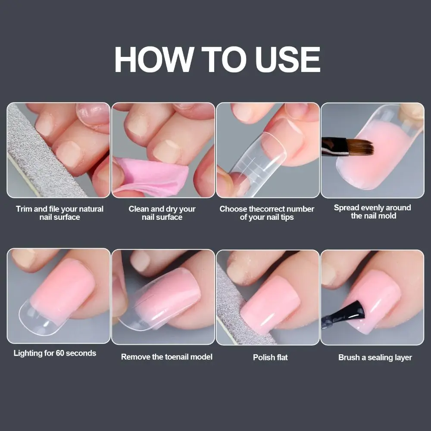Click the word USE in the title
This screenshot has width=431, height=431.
pos(288,59)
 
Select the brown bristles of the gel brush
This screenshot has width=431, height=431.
pos(360,147)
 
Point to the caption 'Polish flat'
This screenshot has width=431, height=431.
pos(270,357)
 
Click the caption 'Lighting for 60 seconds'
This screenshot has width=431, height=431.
pos(55,353)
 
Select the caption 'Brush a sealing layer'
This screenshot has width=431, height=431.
pos(375,357)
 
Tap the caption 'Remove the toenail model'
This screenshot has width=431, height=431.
pos(166,356)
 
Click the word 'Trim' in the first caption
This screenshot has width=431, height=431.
pos(24,209)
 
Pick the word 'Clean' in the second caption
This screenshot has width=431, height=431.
pos(139,209)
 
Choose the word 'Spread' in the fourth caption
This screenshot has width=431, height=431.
pos(347,208)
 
